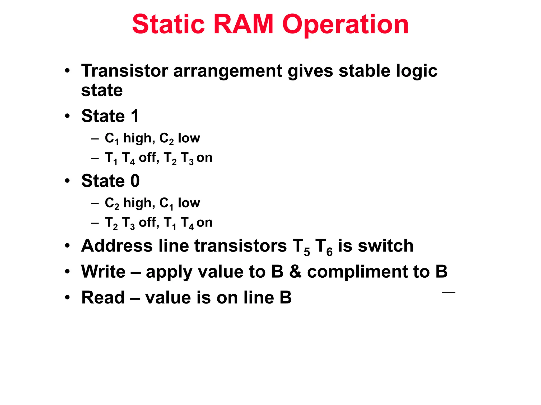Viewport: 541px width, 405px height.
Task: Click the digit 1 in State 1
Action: pos(135,116)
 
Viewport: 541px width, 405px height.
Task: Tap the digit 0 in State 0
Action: pos(135,181)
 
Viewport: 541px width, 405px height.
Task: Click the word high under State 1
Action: pos(139,138)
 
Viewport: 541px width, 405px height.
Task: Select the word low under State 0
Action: pos(189,203)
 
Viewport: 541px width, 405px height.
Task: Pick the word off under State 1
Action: pos(149,157)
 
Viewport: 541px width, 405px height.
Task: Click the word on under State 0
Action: pos(204,222)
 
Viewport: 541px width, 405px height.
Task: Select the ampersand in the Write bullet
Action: pos(295,272)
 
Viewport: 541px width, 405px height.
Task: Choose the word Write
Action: pos(104,272)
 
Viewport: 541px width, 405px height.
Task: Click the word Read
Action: pos(103,298)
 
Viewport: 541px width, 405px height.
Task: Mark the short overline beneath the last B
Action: pos(448,292)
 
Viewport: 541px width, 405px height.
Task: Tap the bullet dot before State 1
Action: pos(68,116)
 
